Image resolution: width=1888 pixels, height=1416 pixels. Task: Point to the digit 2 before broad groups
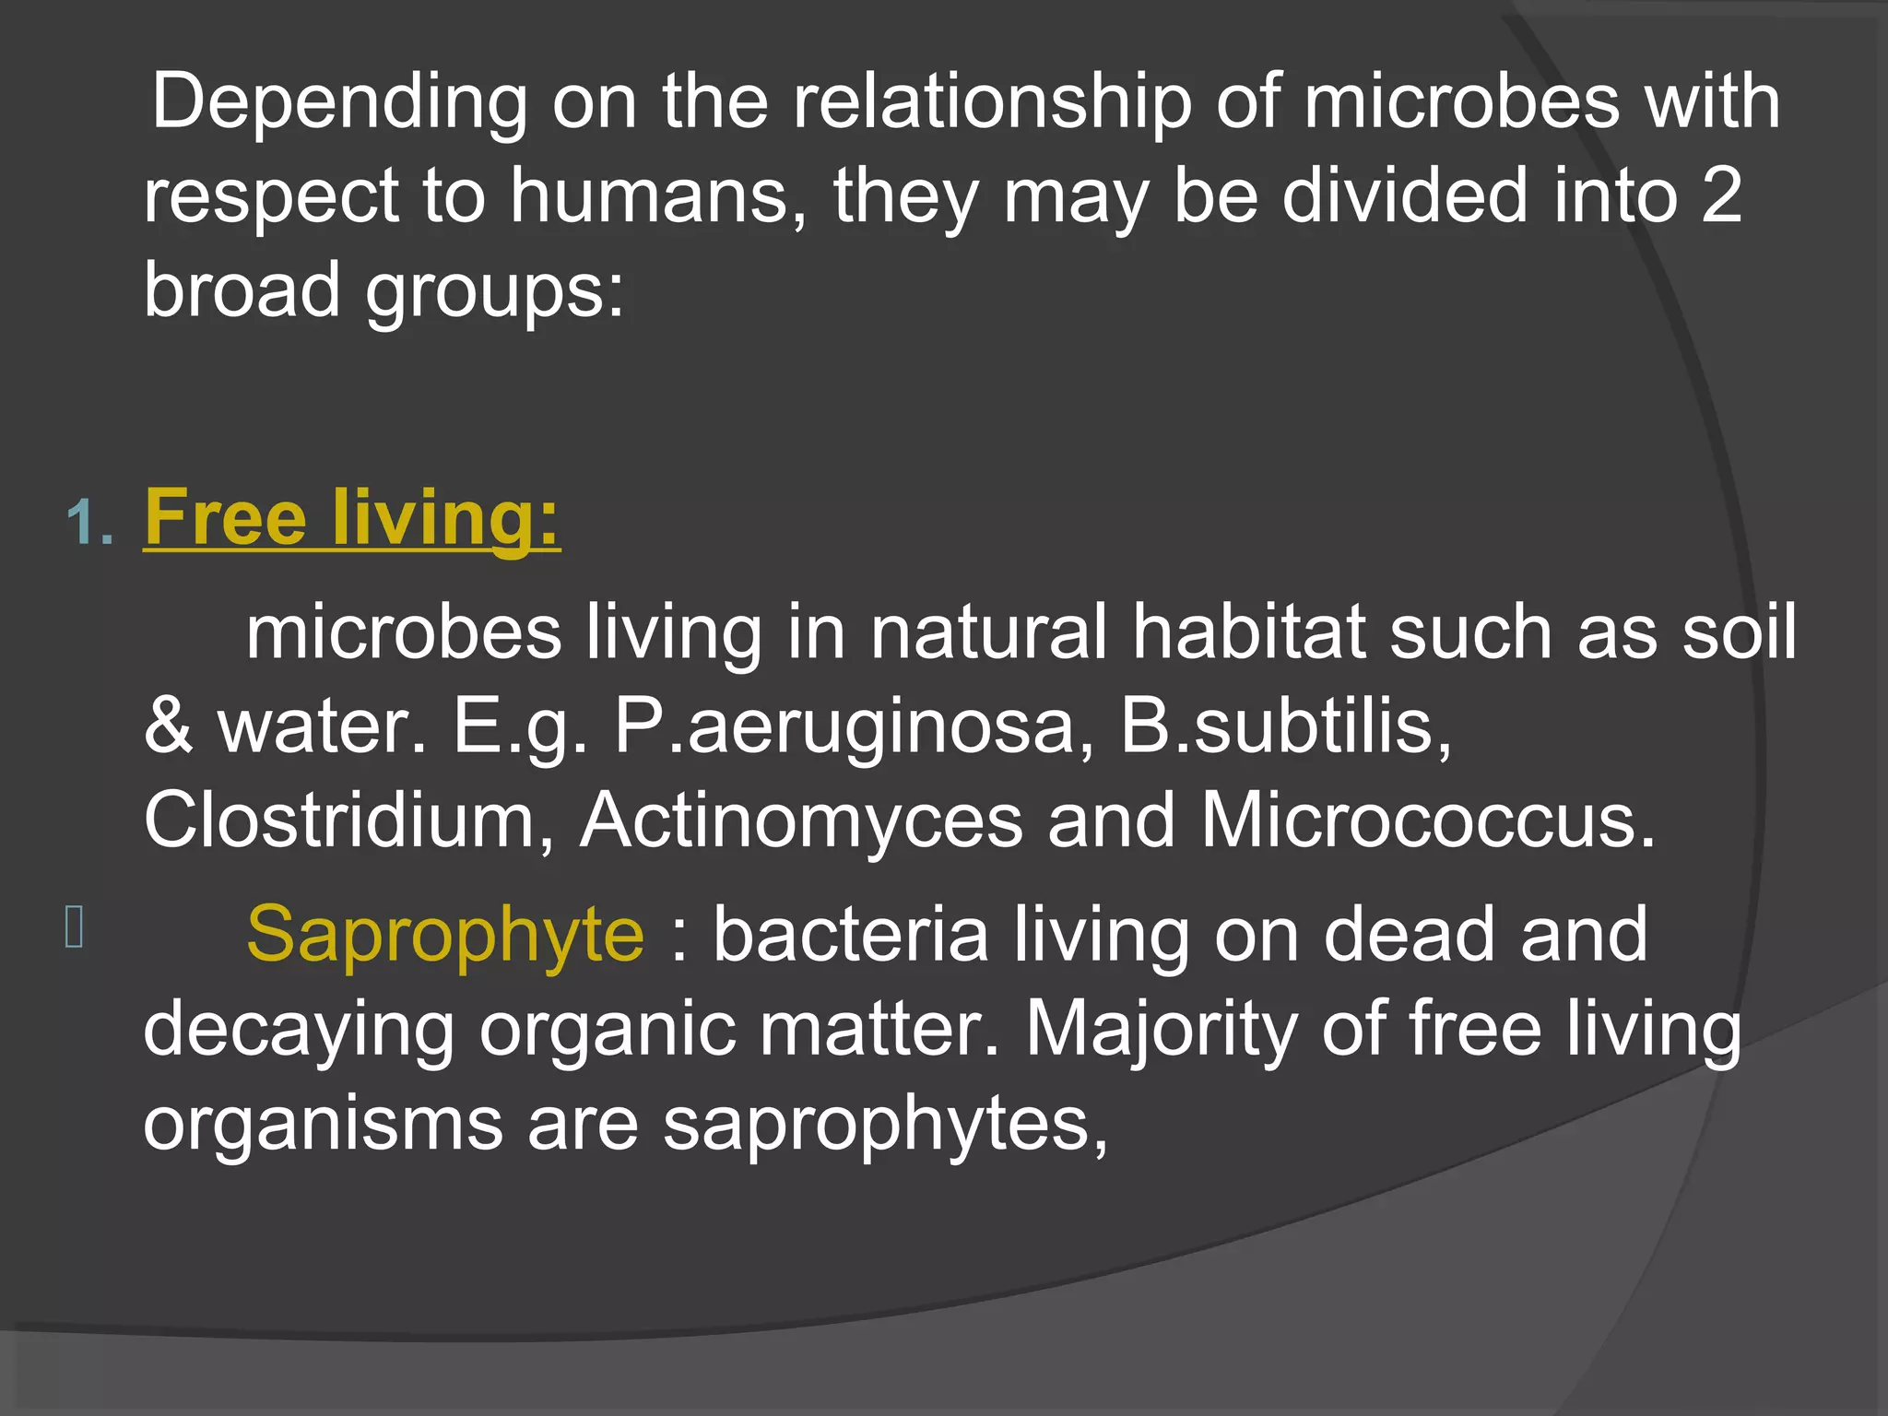point(1721,195)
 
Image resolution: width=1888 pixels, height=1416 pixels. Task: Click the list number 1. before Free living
point(89,524)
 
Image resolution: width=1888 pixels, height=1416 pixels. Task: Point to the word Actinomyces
point(801,822)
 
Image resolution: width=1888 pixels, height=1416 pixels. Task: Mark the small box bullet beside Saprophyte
point(75,926)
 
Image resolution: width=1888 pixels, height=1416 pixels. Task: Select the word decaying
point(299,1031)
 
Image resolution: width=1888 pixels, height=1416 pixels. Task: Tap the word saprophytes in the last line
point(885,1127)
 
